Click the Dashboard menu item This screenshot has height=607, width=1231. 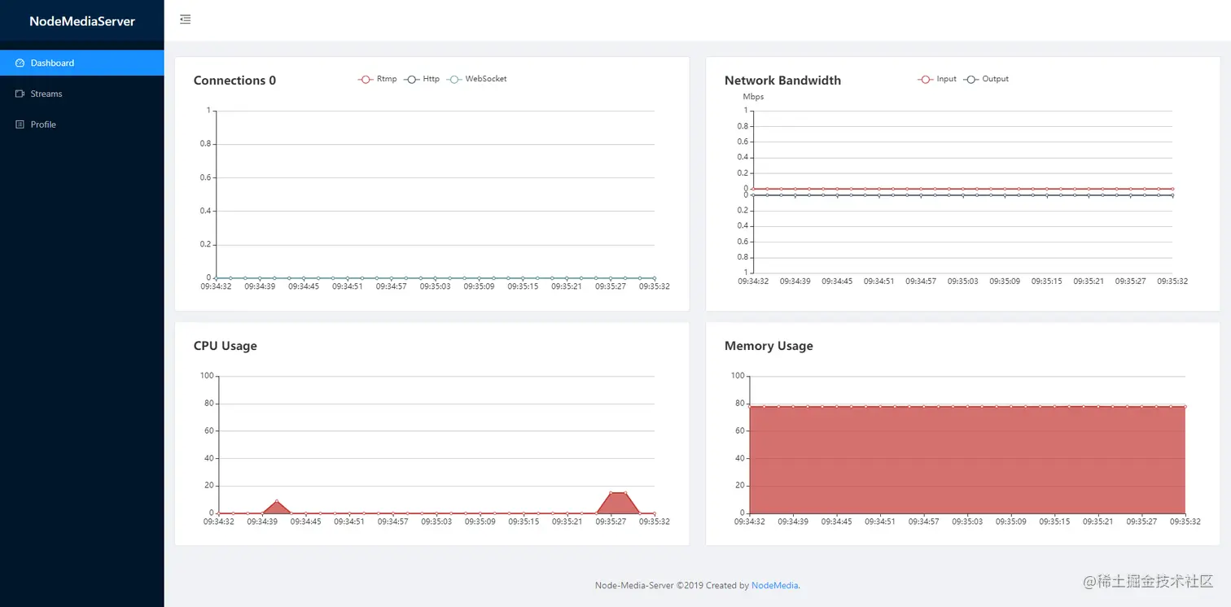click(52, 63)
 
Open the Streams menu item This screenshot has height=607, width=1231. click(46, 94)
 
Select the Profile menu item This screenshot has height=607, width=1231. click(43, 124)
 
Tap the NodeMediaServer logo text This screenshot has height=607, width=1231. click(82, 21)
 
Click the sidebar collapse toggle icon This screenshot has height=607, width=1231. click(186, 20)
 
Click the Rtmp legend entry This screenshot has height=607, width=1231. click(378, 79)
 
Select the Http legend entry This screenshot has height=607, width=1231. click(423, 79)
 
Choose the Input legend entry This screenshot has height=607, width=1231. click(938, 79)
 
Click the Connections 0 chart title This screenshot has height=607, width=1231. click(234, 81)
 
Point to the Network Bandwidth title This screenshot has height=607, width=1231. click(782, 81)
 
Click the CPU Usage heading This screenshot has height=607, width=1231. click(225, 346)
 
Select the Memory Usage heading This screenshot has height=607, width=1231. click(769, 346)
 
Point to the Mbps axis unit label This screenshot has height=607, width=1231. click(753, 97)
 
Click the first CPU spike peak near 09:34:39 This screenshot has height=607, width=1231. click(277, 502)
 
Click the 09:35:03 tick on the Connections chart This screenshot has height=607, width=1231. click(436, 286)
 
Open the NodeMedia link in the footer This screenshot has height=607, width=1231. click(774, 585)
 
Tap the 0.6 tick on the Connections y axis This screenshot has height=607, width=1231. click(205, 177)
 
